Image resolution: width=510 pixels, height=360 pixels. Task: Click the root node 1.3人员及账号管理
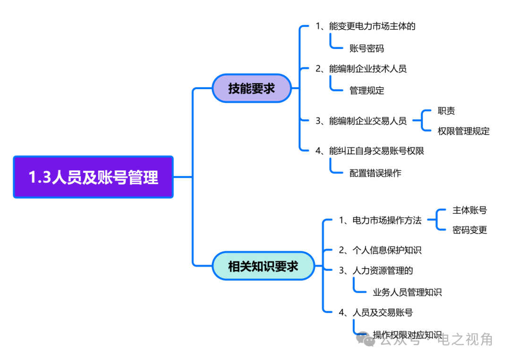93,177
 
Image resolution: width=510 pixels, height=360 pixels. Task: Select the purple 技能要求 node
251,88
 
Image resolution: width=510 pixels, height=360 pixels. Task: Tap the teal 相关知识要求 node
263,266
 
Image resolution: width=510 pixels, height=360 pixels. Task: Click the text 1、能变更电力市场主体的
365,26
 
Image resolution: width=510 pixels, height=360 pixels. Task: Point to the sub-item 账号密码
366,48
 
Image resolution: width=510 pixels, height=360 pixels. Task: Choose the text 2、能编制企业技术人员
361,68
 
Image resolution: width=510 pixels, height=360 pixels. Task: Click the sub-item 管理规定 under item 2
366,91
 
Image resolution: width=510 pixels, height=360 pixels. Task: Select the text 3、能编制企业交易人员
361,121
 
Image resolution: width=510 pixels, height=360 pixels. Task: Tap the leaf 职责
446,111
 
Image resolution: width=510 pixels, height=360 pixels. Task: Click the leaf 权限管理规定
463,131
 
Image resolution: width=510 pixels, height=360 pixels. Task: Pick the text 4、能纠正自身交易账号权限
369,151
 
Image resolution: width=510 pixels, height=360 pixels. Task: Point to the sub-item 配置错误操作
375,173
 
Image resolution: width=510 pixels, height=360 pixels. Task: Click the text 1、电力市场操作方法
380,220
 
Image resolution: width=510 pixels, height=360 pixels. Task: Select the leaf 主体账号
469,210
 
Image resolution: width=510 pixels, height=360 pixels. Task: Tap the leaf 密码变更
469,230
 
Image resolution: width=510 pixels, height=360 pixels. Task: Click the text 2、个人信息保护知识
380,250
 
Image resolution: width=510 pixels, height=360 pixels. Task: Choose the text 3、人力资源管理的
376,270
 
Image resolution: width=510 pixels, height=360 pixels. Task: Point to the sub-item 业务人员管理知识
407,293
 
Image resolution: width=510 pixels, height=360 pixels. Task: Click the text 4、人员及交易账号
376,312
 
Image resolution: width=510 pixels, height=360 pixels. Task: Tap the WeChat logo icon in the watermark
365,339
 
